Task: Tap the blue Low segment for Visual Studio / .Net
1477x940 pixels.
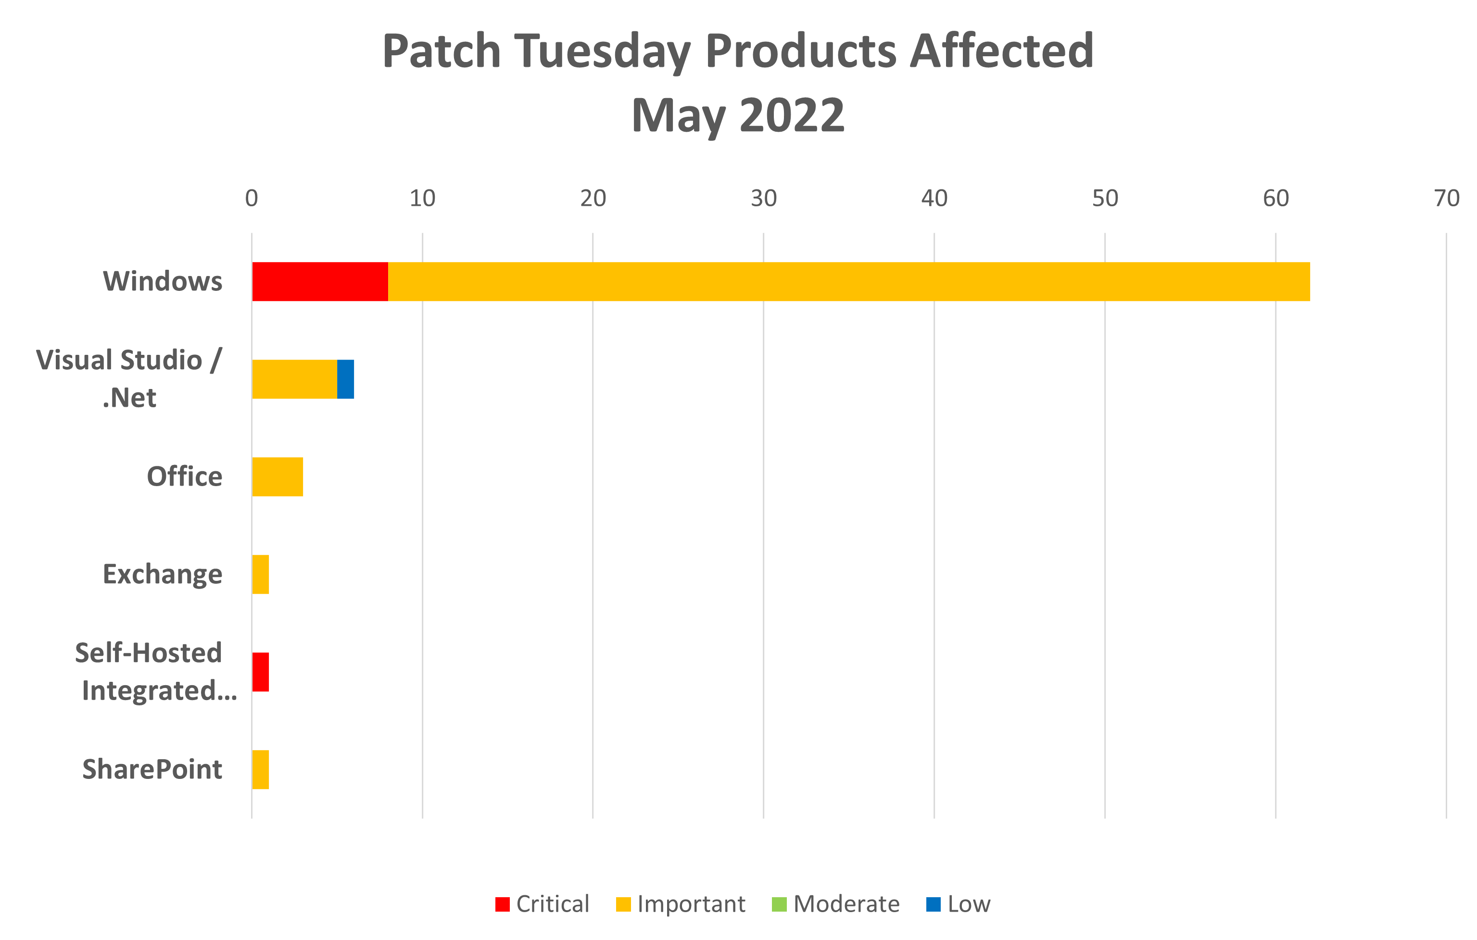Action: pyautogui.click(x=346, y=379)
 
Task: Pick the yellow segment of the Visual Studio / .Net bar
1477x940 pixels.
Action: pyautogui.click(x=294, y=379)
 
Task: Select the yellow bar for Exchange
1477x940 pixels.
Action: pyautogui.click(x=261, y=574)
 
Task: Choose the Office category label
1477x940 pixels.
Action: pyautogui.click(x=185, y=476)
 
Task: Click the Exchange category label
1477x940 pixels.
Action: pyautogui.click(x=163, y=574)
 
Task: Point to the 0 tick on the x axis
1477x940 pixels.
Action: pyautogui.click(x=252, y=198)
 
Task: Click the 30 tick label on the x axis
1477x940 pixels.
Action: pyautogui.click(x=764, y=198)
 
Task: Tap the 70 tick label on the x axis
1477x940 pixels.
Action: pyautogui.click(x=1446, y=198)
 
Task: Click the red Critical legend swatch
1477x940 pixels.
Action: pyautogui.click(x=502, y=904)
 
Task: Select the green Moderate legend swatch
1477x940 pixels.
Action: pyautogui.click(x=779, y=904)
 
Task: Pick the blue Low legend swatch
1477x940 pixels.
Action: pyautogui.click(x=933, y=904)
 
